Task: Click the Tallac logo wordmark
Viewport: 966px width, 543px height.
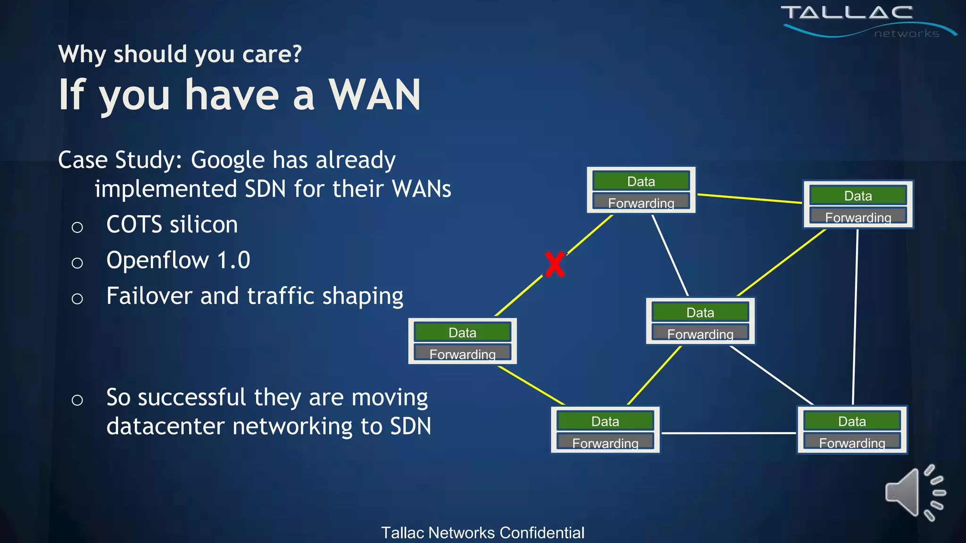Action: tap(847, 13)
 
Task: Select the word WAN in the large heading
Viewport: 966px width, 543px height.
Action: tap(375, 95)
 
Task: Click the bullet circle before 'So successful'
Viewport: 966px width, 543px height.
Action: tap(77, 400)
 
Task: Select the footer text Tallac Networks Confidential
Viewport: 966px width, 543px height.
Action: tap(483, 533)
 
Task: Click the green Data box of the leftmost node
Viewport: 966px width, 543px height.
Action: tap(462, 332)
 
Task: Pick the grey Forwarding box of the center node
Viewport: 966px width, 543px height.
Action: tap(700, 333)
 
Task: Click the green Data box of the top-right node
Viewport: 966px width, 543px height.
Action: tap(858, 195)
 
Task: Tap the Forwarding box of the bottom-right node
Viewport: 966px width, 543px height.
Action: tap(852, 442)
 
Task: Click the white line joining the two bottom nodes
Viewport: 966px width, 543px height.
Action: tap(728, 433)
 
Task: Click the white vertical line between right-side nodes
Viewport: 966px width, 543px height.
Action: tap(855, 316)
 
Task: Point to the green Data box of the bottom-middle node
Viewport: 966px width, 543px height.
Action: tap(605, 421)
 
